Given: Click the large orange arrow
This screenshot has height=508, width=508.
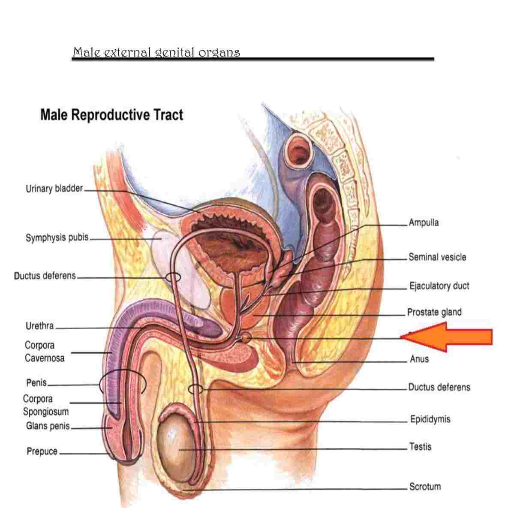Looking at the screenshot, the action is [x=447, y=337].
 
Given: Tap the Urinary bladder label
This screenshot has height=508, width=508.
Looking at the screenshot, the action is [x=54, y=188].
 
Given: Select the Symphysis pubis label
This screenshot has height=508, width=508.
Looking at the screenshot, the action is [x=57, y=237].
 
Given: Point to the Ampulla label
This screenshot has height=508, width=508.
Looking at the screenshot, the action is [x=424, y=222].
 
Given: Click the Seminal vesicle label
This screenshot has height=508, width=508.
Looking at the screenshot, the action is [x=437, y=257].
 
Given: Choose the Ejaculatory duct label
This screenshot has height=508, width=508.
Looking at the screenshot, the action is [x=439, y=286].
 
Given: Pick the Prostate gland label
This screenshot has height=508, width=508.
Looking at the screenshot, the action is [x=434, y=312].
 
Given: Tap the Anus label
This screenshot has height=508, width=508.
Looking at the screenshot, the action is [x=419, y=359].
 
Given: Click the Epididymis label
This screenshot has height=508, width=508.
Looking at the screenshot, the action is [x=430, y=419].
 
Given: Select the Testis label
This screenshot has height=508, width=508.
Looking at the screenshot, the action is [x=420, y=447].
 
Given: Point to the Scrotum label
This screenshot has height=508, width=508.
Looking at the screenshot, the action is [x=425, y=486].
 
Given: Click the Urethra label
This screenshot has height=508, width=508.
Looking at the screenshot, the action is [x=39, y=326].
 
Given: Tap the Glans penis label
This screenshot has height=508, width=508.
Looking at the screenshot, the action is [x=48, y=426].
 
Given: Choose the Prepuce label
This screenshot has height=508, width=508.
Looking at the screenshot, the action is [x=42, y=451].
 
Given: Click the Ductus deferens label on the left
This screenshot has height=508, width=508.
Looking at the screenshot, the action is [x=45, y=276].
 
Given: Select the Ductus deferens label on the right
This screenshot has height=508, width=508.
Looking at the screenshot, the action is [x=439, y=387].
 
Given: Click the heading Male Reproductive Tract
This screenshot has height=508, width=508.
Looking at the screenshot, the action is [x=112, y=115].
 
